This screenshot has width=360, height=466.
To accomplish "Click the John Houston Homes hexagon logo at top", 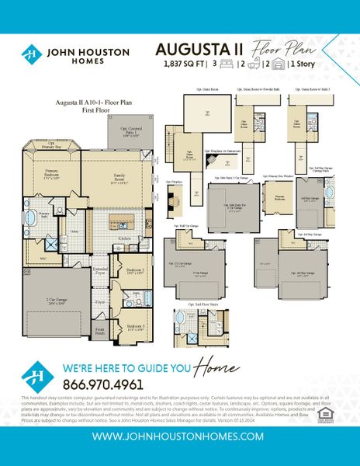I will coord(30,54).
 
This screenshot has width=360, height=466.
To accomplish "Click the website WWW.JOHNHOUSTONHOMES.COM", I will coord(179,437).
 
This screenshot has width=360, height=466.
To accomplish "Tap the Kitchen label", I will coord(123,238).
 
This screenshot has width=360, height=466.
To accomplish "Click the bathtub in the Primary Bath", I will coord(32,215).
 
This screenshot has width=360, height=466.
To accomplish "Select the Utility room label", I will coord(74,231).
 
